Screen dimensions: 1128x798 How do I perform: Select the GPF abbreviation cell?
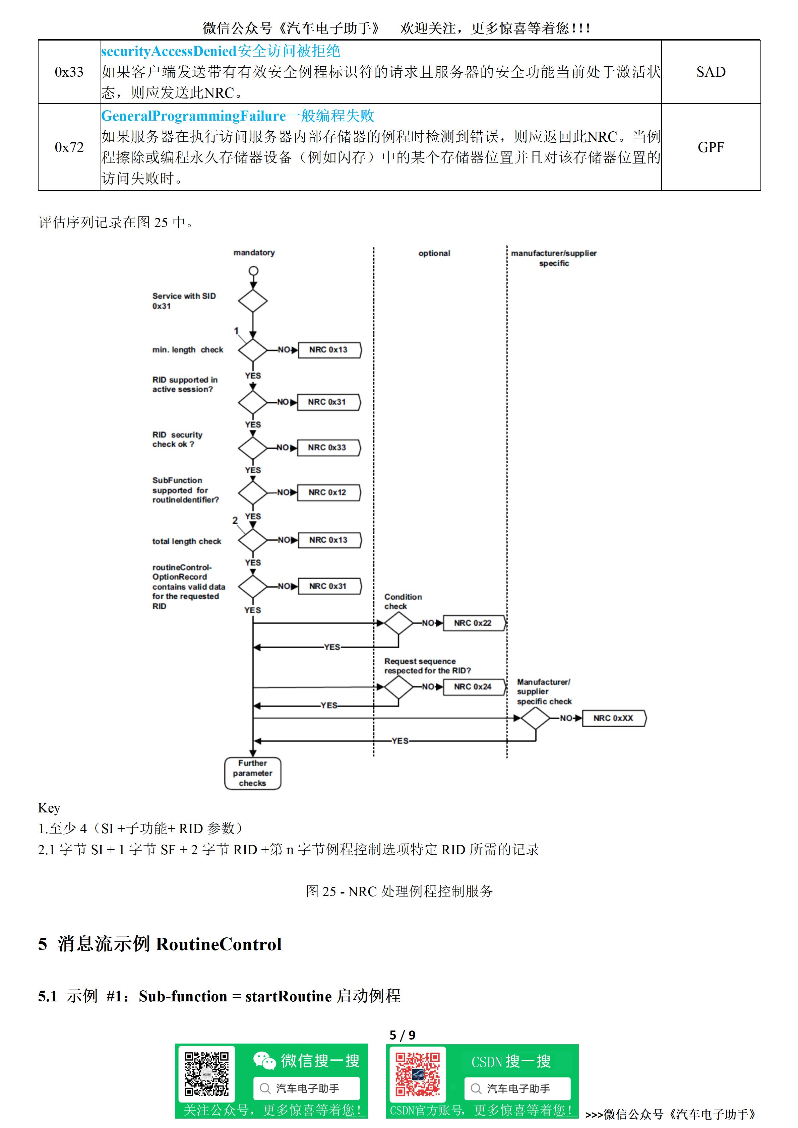tap(711, 147)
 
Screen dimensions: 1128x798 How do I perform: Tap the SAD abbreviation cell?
tap(711, 72)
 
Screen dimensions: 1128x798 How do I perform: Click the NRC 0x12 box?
tap(328, 492)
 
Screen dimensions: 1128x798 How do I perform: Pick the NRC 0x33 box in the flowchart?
tap(328, 448)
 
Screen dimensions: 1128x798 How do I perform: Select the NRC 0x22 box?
tap(473, 623)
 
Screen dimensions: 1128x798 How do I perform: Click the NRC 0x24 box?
tap(473, 687)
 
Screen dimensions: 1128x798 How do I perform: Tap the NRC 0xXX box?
tap(614, 718)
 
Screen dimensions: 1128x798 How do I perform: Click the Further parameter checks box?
tap(253, 773)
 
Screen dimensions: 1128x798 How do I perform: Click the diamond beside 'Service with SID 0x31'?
tap(253, 301)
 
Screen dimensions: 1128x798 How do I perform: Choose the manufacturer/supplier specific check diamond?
tap(536, 718)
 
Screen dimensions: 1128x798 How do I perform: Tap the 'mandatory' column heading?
tap(254, 253)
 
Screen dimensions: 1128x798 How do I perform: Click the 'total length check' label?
tap(187, 541)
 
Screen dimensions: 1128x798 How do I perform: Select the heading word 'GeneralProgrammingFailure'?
tap(194, 116)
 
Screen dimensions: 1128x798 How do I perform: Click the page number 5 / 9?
tap(403, 1035)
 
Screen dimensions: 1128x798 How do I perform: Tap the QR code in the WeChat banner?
tap(206, 1074)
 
